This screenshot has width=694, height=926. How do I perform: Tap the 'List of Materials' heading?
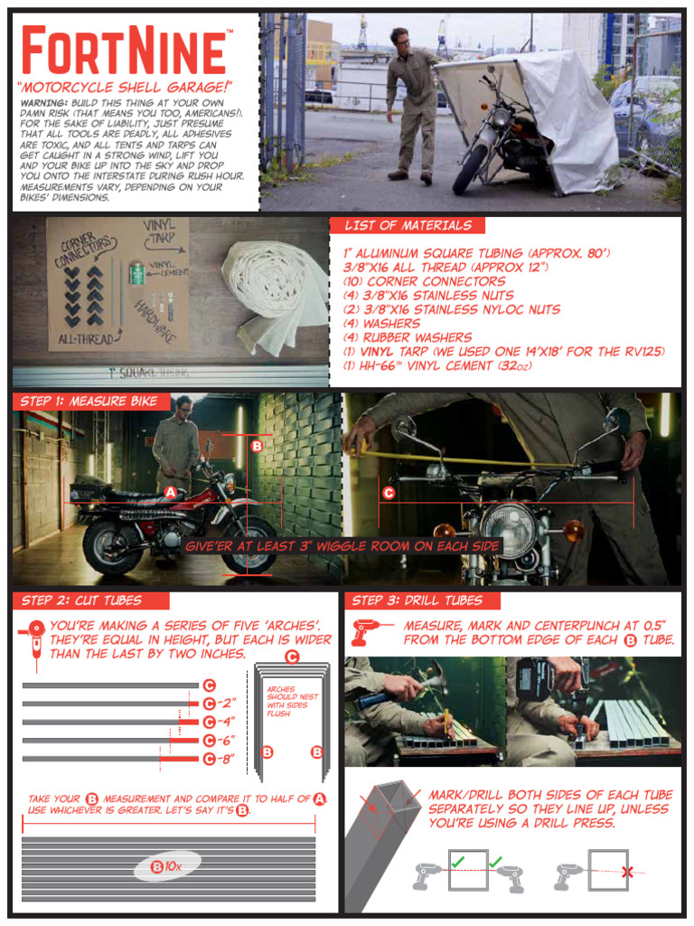coord(407,225)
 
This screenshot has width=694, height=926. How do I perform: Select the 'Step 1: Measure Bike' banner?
coord(89,402)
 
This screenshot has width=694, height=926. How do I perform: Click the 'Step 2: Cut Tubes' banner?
coord(81,600)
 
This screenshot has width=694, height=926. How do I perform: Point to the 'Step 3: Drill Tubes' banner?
coord(417,600)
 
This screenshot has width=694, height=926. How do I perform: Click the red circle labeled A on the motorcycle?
coord(171,493)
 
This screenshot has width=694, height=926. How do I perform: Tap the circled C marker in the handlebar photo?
coord(389,494)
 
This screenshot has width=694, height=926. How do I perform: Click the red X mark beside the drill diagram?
coord(626,873)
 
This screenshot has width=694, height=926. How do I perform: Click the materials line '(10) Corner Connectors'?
coord(411,281)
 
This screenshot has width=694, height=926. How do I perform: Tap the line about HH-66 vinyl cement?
coord(420,365)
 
